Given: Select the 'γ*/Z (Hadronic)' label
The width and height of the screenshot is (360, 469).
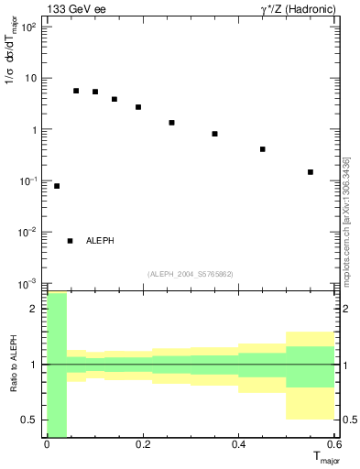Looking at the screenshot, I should coord(294,9).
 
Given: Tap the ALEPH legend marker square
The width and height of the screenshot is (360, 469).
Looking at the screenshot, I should coord(70,241).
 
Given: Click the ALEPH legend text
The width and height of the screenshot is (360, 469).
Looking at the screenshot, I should coord(100,241).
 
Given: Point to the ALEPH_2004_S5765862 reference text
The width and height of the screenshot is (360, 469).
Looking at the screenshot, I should coord(190,274).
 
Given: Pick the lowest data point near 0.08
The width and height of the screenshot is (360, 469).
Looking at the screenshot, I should coord(57,186).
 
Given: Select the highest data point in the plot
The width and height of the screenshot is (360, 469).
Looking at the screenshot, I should coord(76,91).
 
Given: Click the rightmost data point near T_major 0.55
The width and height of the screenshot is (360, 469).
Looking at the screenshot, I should coord(311,172).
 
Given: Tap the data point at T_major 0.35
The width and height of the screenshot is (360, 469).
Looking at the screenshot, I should coord(214,134).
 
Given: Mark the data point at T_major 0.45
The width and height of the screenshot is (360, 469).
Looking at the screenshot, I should coord(263,149).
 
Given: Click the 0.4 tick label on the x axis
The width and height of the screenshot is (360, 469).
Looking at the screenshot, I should coord(238,443).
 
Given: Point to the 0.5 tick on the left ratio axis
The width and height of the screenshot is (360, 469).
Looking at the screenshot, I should coord(32,420).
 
